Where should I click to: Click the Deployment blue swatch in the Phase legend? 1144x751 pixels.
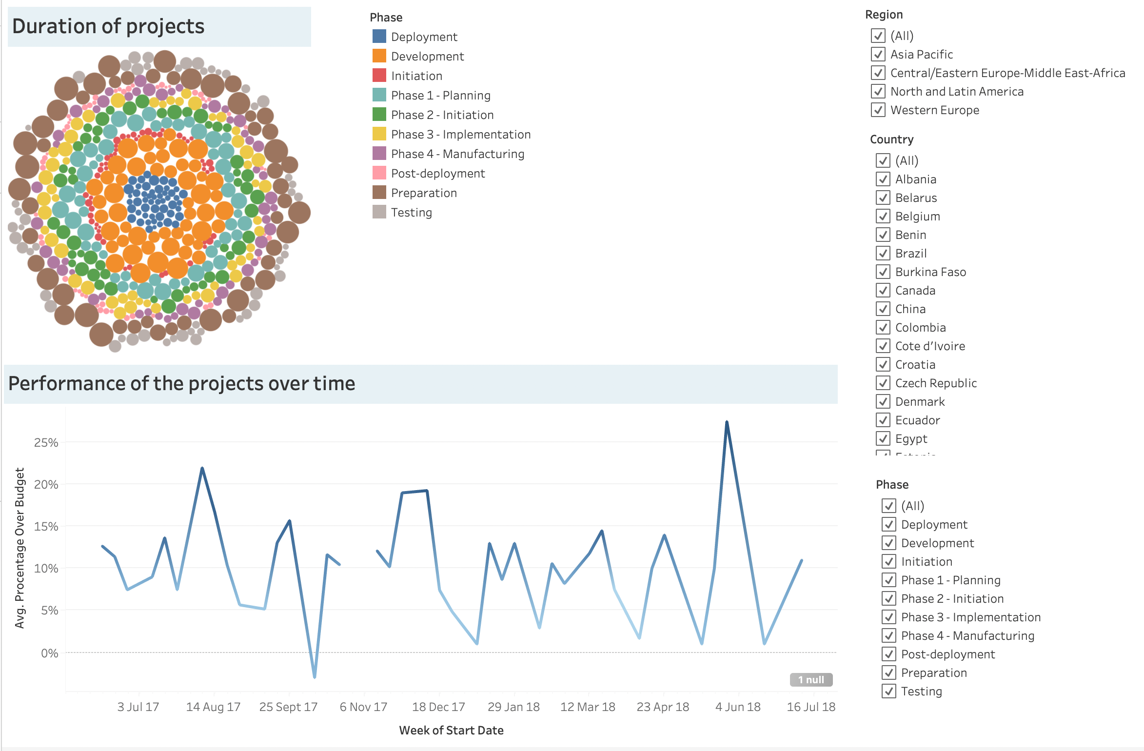pyautogui.click(x=379, y=37)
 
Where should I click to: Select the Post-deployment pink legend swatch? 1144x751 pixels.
pyautogui.click(x=379, y=173)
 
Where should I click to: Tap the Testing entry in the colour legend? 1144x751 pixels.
pyautogui.click(x=411, y=213)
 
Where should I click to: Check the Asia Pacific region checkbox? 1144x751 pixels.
pyautogui.click(x=878, y=54)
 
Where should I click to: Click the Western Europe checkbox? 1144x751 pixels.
pyautogui.click(x=878, y=110)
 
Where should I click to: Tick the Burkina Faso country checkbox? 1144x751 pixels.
pyautogui.click(x=883, y=272)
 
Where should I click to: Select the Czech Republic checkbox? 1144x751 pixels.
pyautogui.click(x=883, y=383)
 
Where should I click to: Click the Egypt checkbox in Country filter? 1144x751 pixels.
pyautogui.click(x=883, y=438)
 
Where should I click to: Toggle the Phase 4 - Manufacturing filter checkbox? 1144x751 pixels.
pyautogui.click(x=888, y=635)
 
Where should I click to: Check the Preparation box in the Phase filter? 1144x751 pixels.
pyautogui.click(x=888, y=672)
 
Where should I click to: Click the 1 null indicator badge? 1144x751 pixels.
pyautogui.click(x=811, y=679)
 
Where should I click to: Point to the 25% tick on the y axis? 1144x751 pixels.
pyautogui.click(x=46, y=443)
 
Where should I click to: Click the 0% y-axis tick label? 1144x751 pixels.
pyautogui.click(x=49, y=653)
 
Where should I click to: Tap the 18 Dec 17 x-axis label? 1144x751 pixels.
pyautogui.click(x=438, y=707)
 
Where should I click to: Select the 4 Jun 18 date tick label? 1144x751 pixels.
pyautogui.click(x=737, y=707)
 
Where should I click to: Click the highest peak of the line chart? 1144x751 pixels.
pyautogui.click(x=727, y=422)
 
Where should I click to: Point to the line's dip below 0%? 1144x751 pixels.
pyautogui.click(x=315, y=676)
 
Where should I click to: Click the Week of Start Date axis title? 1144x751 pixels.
pyautogui.click(x=451, y=730)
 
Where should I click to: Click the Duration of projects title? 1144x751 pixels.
pyautogui.click(x=108, y=26)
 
